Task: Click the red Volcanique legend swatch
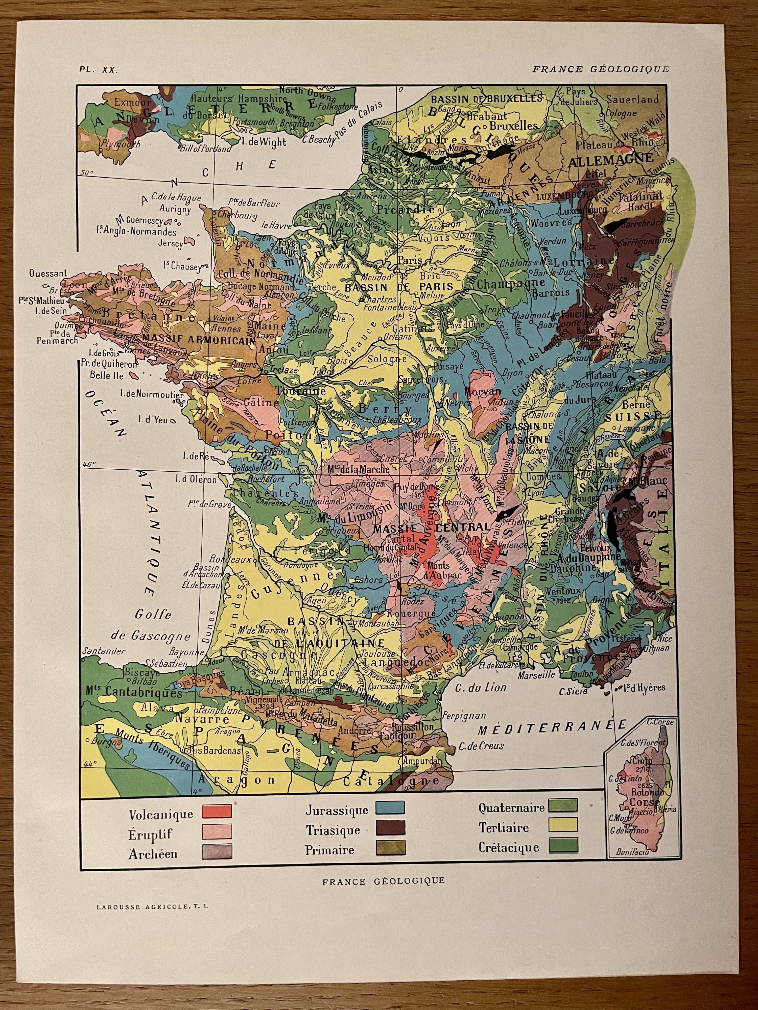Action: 217,811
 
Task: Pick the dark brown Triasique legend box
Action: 390,828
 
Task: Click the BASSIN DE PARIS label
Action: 398,287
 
